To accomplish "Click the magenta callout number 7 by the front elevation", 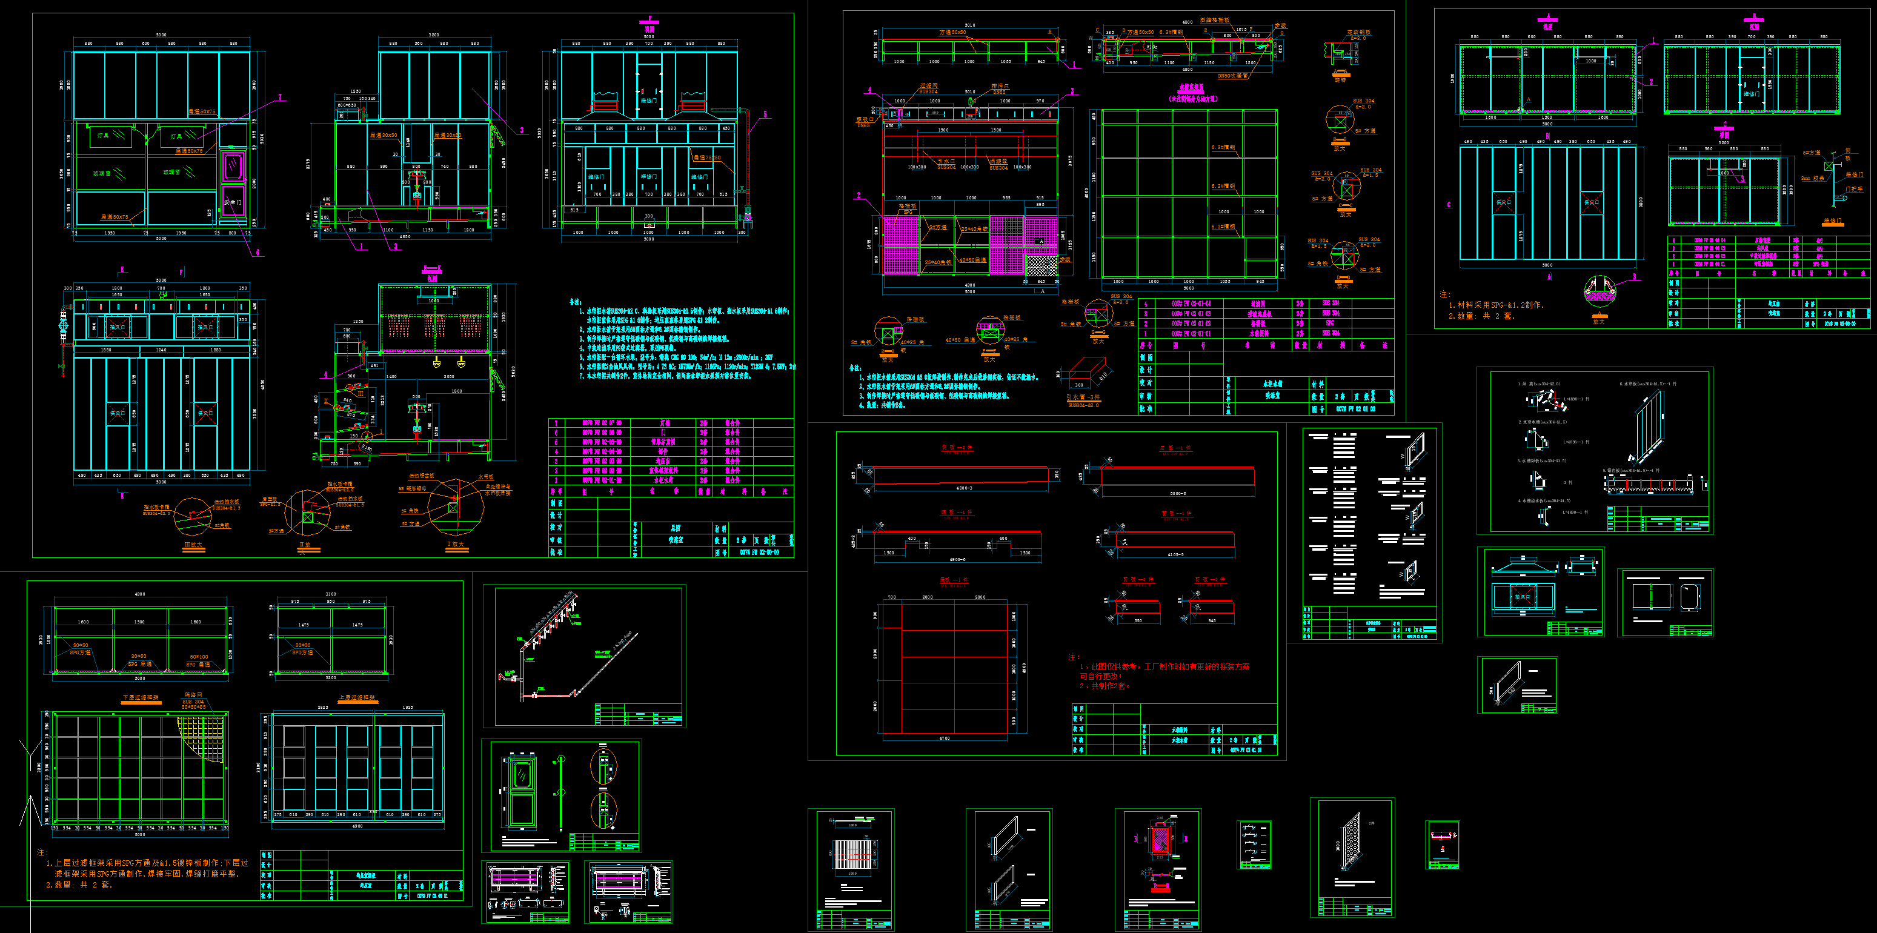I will click(279, 98).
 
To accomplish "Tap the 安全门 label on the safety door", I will click(231, 202).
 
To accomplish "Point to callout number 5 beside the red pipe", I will click(765, 115).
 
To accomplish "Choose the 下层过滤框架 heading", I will click(141, 698).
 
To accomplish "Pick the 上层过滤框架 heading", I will click(357, 698).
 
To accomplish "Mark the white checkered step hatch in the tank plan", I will click(1040, 265).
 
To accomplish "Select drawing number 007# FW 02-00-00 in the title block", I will click(759, 553).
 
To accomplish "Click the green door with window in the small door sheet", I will click(522, 792).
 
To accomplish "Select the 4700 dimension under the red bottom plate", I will click(945, 739).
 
